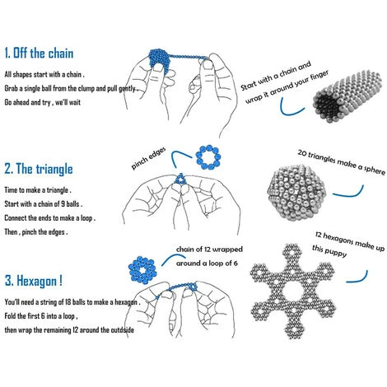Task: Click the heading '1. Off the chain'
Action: [x=39, y=53]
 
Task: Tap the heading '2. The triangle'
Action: [x=39, y=169]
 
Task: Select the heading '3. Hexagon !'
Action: [x=34, y=281]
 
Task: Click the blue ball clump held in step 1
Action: [x=160, y=61]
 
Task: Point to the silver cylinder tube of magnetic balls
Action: [x=347, y=96]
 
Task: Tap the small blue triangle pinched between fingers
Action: [x=180, y=179]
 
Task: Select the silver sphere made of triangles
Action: [x=296, y=192]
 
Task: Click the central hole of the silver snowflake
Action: [x=293, y=291]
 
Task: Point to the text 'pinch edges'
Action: [x=148, y=158]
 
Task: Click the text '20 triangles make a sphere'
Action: [x=342, y=162]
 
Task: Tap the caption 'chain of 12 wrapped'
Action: [x=209, y=249]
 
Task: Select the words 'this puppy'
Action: [x=329, y=251]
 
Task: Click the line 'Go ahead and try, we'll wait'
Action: [x=43, y=102]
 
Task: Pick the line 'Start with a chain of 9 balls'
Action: [x=44, y=204]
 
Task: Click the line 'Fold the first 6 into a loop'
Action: [x=41, y=316]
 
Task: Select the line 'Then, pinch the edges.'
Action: [x=36, y=232]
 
